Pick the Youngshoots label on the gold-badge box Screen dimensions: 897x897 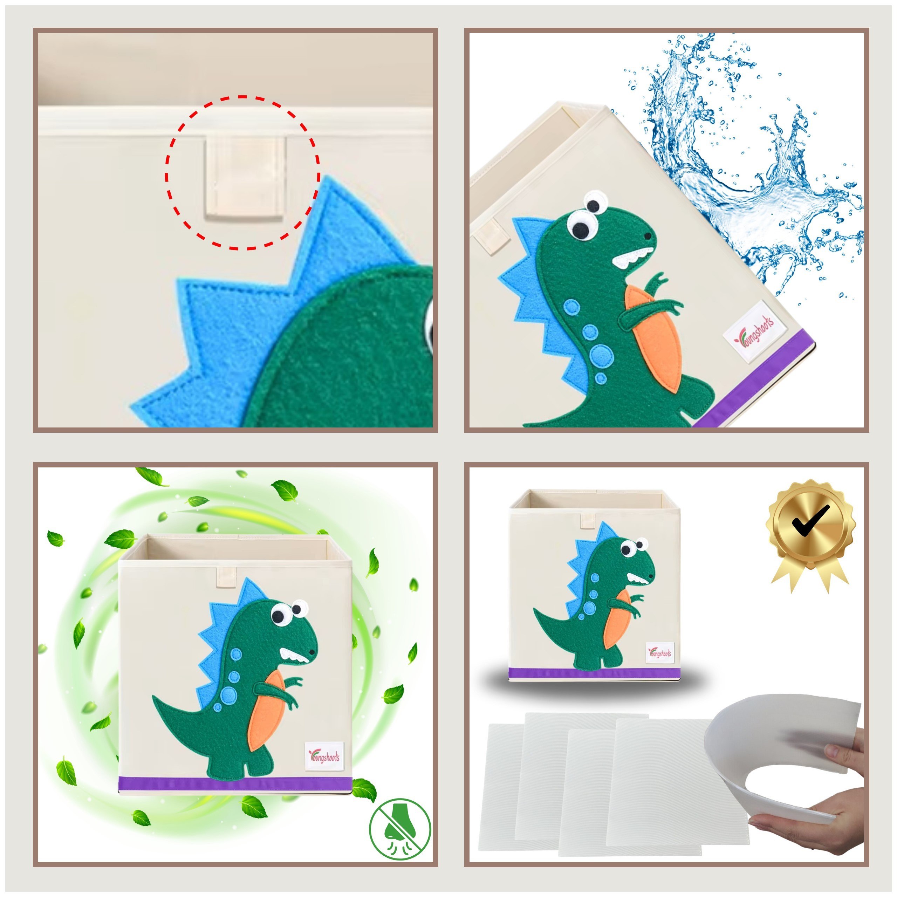pos(660,653)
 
